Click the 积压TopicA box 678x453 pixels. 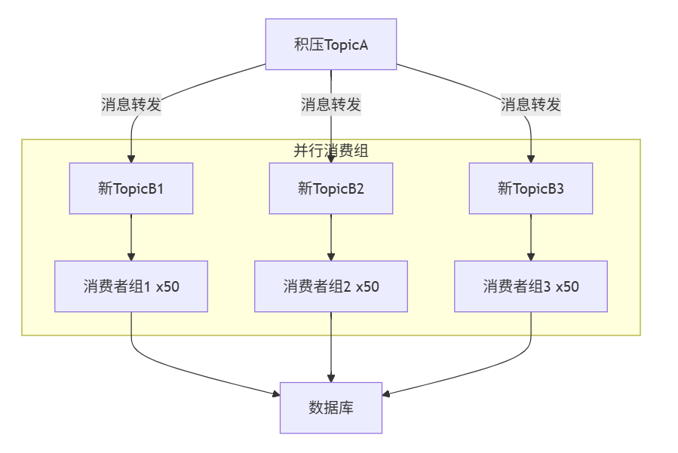tap(331, 44)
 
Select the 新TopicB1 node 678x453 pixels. tap(131, 188)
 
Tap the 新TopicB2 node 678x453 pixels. tap(331, 188)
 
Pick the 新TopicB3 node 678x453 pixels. tap(530, 188)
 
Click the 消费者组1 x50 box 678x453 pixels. tap(131, 286)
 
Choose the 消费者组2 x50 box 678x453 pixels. tap(331, 286)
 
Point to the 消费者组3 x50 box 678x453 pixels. tap(530, 286)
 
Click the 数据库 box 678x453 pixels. tap(331, 408)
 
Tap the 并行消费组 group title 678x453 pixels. tap(331, 151)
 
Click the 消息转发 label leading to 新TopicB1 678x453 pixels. tap(131, 105)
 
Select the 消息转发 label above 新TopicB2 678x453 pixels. tap(331, 105)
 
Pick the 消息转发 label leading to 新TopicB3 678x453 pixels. tap(530, 105)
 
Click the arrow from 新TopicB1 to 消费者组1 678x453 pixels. tap(131, 237)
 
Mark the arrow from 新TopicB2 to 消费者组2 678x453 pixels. tap(331, 237)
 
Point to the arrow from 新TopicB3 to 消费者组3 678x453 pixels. tap(530, 237)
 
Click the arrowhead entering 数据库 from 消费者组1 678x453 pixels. tap(276, 393)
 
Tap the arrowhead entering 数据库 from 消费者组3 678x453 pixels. tap(386, 393)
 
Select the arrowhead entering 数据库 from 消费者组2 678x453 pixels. tap(331, 378)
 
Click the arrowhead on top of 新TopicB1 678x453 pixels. tap(131, 159)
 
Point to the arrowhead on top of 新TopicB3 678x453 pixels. tap(530, 159)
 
